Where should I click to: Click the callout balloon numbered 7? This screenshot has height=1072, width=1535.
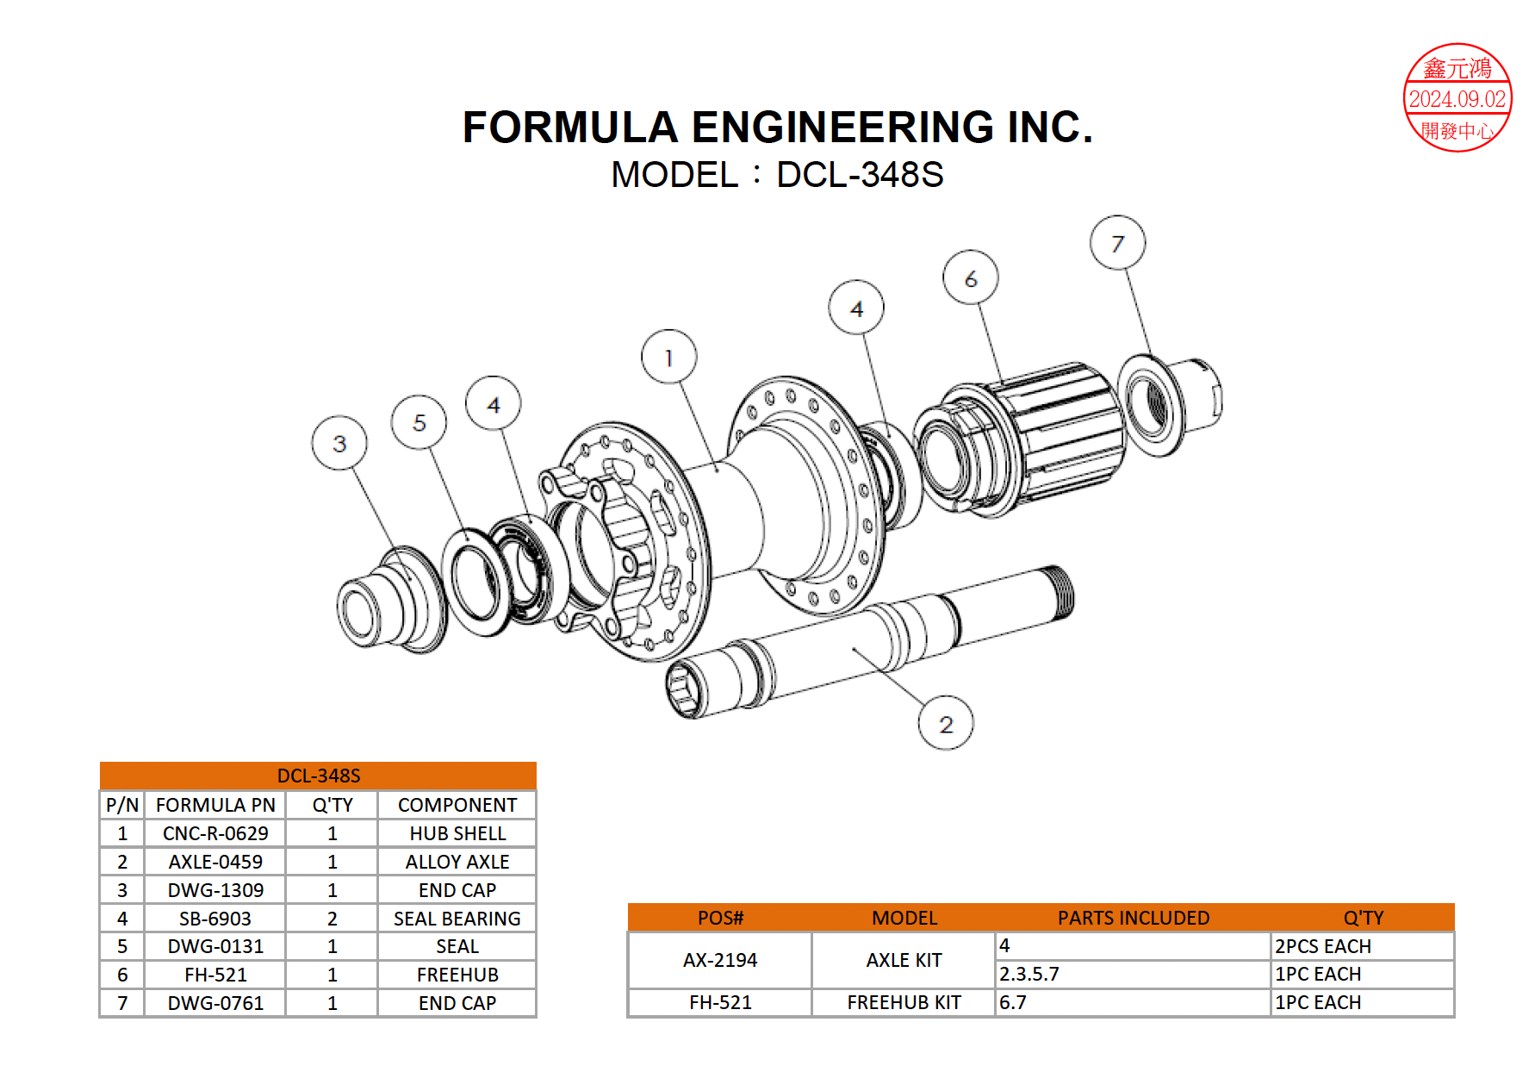(x=1117, y=243)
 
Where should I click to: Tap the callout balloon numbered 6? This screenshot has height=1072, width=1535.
(x=971, y=277)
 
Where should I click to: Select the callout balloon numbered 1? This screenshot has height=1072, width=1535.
(x=669, y=357)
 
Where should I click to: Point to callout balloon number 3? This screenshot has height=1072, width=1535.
(x=339, y=443)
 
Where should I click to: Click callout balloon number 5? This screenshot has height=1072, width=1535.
(x=419, y=422)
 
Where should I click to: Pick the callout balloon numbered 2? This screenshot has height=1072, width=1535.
(x=946, y=724)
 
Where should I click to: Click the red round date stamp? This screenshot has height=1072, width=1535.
(x=1457, y=98)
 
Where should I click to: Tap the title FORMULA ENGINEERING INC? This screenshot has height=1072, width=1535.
(x=777, y=127)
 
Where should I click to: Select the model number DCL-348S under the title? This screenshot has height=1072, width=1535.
(x=860, y=175)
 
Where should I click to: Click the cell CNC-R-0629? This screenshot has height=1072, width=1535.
(x=215, y=833)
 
